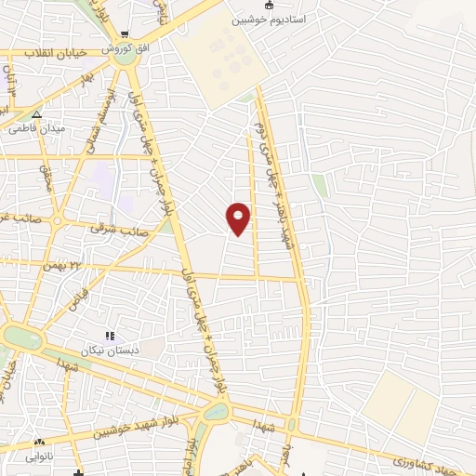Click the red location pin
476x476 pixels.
pyautogui.click(x=239, y=218)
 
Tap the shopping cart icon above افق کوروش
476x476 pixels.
pyautogui.click(x=123, y=35)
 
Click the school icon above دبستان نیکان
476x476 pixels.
pyautogui.click(x=110, y=337)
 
